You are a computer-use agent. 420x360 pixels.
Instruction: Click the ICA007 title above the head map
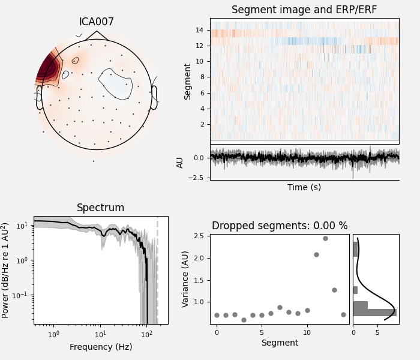97,22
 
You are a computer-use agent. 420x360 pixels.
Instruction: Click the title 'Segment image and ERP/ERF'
304,10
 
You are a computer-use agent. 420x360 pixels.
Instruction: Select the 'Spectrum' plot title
100,208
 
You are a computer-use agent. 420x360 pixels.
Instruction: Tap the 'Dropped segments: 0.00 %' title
280,226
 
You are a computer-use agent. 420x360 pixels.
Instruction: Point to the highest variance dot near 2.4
325,238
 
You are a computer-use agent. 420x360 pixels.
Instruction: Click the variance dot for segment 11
316,254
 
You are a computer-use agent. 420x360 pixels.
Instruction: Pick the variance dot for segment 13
334,290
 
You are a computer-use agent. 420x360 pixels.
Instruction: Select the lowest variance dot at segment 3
244,320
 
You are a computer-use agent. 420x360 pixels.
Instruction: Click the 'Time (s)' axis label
304,187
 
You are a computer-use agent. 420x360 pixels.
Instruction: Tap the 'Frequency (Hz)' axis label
100,347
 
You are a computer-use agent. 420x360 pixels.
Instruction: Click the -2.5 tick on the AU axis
197,178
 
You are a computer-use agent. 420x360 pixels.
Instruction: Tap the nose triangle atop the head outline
97,35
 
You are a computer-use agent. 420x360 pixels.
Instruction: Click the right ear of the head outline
154,97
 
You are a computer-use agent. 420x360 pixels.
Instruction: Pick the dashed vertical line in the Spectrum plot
157,270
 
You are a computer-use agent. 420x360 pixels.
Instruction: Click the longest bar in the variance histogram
374,313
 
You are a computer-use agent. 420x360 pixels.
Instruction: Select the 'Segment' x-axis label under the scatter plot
280,343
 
